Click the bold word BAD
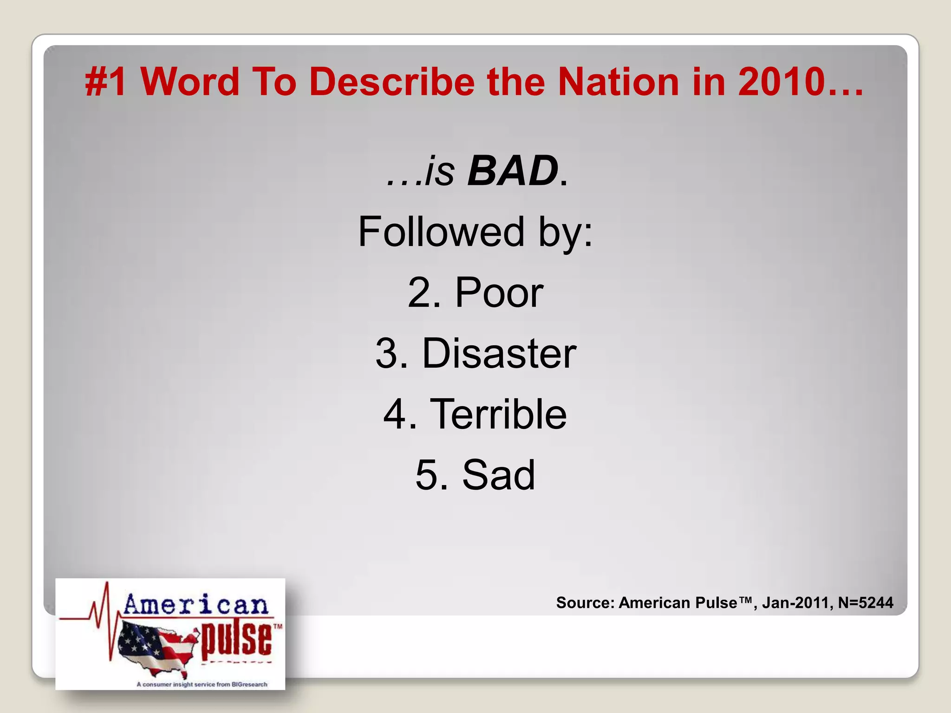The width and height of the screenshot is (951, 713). pyautogui.click(x=513, y=171)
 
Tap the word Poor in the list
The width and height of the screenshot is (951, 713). pyautogui.click(x=499, y=292)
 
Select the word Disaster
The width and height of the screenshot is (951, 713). pyautogui.click(x=499, y=354)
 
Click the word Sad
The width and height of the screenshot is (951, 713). pyautogui.click(x=499, y=475)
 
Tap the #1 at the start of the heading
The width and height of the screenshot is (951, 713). pyautogui.click(x=106, y=82)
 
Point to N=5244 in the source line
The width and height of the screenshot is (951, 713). pyautogui.click(x=865, y=603)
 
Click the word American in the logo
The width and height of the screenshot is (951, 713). pyautogui.click(x=196, y=604)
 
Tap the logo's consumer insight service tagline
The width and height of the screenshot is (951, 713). pyautogui.click(x=202, y=684)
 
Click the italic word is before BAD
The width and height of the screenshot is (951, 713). pyautogui.click(x=439, y=171)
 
